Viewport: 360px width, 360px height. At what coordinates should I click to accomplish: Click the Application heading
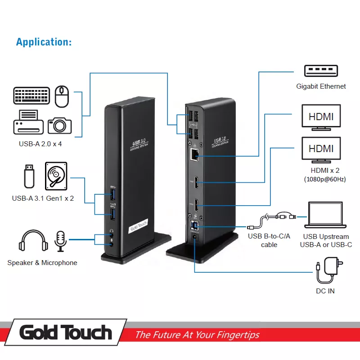pyautogui.click(x=44, y=42)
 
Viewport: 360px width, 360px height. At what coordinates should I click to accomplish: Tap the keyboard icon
pyautogui.click(x=31, y=96)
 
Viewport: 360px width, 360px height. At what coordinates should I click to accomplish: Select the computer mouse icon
pyautogui.click(x=62, y=96)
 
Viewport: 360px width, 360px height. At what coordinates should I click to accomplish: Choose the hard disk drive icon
pyautogui.click(x=56, y=176)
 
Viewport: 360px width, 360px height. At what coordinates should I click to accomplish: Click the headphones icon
pyautogui.click(x=33, y=241)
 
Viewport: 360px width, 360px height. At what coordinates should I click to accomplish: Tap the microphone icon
pyautogui.click(x=60, y=241)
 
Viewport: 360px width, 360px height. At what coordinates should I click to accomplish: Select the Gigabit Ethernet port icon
pyautogui.click(x=321, y=71)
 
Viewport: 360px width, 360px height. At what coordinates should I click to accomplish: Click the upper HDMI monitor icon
pyautogui.click(x=321, y=117)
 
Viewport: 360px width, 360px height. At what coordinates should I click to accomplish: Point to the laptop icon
pyautogui.click(x=326, y=216)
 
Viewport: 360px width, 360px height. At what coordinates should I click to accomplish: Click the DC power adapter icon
pyautogui.click(x=330, y=268)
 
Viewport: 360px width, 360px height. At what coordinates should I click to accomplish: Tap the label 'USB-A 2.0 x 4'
pyautogui.click(x=41, y=144)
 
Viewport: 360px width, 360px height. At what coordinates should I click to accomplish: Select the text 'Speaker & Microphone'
pyautogui.click(x=42, y=263)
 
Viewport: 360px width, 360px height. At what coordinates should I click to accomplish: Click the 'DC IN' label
pyautogui.click(x=325, y=291)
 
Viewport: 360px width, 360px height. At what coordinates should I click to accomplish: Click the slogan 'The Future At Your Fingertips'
pyautogui.click(x=197, y=335)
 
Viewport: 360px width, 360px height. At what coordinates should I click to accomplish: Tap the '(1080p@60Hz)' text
pyautogui.click(x=324, y=180)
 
